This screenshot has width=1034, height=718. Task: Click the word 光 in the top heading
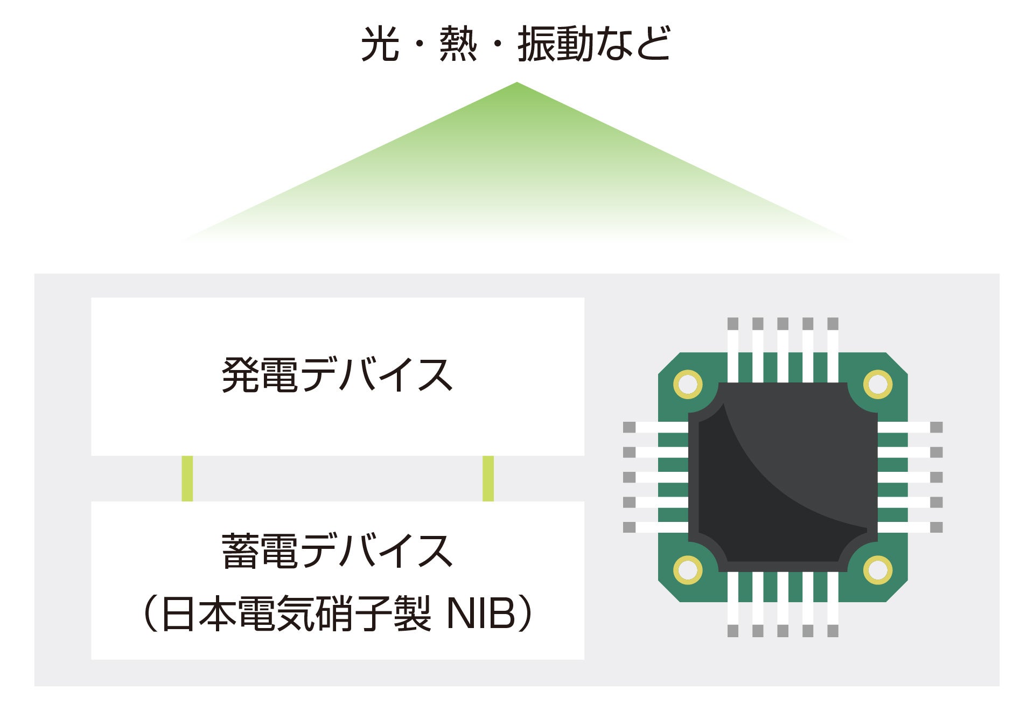[x=380, y=44]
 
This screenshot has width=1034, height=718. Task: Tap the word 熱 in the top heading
[x=458, y=44]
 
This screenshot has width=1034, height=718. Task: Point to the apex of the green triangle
[x=516, y=83]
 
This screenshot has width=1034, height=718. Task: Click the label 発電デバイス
[x=337, y=375]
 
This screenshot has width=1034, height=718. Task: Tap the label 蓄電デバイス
[x=337, y=551]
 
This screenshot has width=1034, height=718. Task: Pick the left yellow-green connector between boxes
[x=187, y=478]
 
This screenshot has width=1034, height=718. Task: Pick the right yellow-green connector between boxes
[x=488, y=478]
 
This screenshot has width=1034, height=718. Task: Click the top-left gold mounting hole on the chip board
[x=688, y=385]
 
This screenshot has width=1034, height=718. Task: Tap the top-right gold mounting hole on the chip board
[x=878, y=385]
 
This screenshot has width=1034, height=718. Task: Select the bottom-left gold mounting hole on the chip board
[x=688, y=570]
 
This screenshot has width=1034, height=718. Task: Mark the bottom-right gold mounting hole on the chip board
[x=878, y=570]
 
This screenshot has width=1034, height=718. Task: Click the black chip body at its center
[x=783, y=477]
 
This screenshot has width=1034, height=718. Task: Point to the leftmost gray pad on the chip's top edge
[x=733, y=324]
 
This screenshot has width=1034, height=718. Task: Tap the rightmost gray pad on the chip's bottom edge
[x=833, y=631]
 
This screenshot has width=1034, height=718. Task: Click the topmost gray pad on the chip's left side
[x=629, y=427]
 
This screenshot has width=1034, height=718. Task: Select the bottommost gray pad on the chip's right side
[x=937, y=527]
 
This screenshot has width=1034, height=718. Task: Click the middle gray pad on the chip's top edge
[x=783, y=324]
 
